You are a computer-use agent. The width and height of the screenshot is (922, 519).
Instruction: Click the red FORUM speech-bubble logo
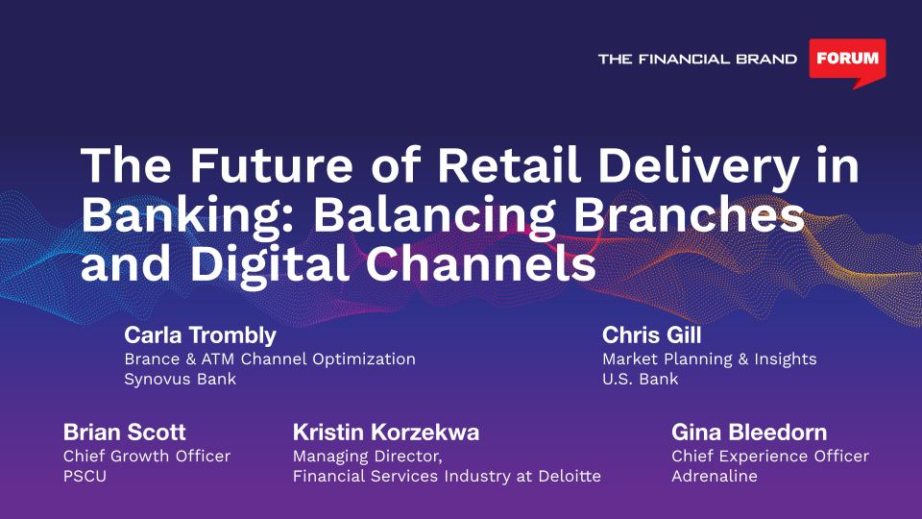[x=847, y=61]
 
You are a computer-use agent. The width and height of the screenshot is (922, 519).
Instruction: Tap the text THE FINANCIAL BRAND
[x=697, y=59]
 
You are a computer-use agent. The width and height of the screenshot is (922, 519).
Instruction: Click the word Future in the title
[x=271, y=165]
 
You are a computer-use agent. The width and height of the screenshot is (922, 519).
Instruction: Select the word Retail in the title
[x=509, y=165]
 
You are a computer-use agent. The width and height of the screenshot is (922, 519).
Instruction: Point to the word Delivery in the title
[x=698, y=169]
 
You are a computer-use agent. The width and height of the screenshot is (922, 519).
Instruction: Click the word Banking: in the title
[x=190, y=218]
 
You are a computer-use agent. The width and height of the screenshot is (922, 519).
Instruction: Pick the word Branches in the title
[x=689, y=214]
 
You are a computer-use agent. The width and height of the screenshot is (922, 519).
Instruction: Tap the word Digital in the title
[x=270, y=267]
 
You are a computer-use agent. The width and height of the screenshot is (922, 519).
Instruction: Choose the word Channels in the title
[x=481, y=263]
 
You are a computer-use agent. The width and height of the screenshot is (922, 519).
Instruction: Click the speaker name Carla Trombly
[x=200, y=335]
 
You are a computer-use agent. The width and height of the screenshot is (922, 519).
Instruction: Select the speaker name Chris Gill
[x=651, y=335]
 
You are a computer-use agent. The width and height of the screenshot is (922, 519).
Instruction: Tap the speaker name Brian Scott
[x=124, y=432]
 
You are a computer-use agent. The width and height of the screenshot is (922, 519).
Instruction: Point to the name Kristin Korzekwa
[x=386, y=432]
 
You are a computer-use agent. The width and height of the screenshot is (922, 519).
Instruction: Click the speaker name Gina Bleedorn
[x=749, y=432]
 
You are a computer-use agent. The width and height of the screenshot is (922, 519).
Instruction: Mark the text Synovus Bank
[x=180, y=379]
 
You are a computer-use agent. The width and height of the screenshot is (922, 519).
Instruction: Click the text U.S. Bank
[x=641, y=379]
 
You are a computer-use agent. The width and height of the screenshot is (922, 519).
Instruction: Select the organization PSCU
[x=85, y=476]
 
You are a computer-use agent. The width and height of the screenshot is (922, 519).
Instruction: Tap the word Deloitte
[x=570, y=476]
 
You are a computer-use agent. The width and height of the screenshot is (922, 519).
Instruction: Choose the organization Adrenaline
[x=715, y=476]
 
